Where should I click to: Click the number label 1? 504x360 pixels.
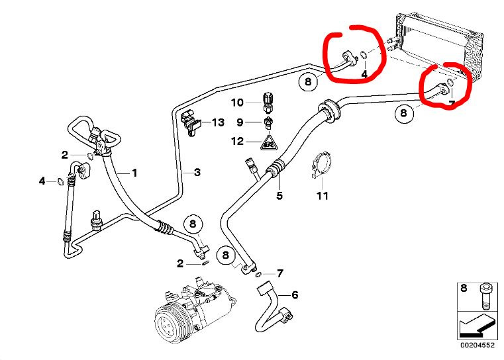tap(134, 173)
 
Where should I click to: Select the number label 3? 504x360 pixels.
tap(197, 172)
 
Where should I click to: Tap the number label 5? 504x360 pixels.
tap(279, 195)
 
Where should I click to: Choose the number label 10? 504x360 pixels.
tap(238, 103)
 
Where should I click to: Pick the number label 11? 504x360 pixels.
tap(322, 196)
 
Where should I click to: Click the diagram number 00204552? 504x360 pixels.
tap(478, 344)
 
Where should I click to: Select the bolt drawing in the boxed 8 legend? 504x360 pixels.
tap(485, 295)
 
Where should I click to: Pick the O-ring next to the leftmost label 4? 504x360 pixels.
tap(60, 181)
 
